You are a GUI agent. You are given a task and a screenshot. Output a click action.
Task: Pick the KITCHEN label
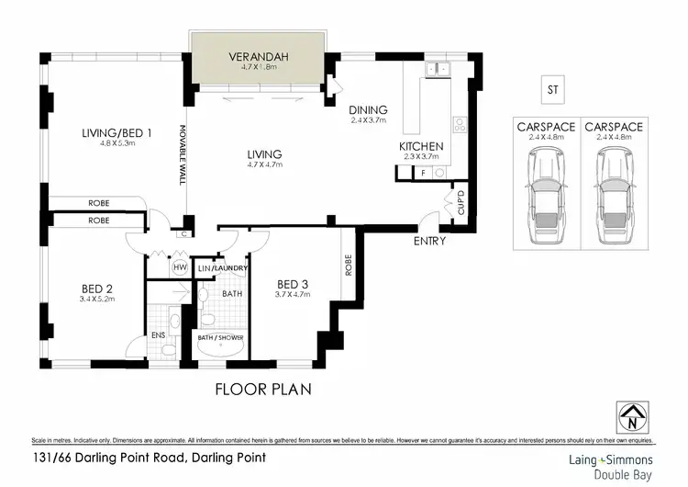click(x=421, y=146)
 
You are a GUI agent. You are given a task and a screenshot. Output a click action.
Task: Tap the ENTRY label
click(x=429, y=242)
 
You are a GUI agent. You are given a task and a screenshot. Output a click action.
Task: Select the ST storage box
click(x=552, y=90)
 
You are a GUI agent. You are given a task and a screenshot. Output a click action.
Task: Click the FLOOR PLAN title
click(x=263, y=389)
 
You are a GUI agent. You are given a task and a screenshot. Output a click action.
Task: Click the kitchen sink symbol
click(x=438, y=68)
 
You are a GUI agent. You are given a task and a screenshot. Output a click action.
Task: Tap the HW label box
click(x=181, y=267)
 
